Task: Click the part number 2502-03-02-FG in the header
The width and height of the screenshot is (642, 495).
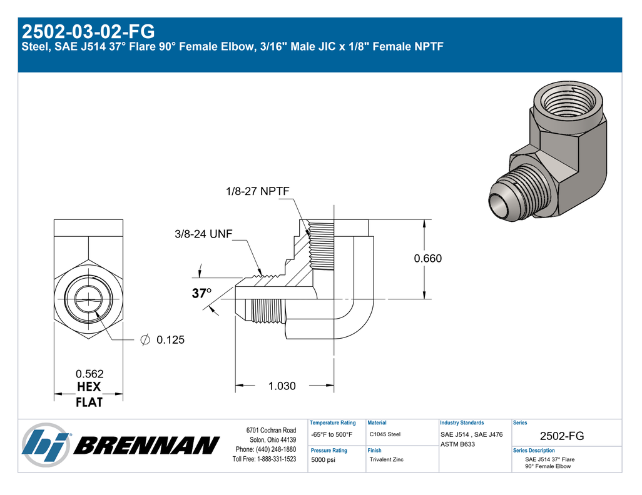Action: tap(88, 31)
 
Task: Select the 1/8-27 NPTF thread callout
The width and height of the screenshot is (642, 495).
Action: tap(258, 191)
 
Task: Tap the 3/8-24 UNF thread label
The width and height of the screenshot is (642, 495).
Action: tap(203, 234)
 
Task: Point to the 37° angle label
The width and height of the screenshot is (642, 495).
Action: tap(202, 293)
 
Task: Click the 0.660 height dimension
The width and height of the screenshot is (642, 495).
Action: tap(428, 259)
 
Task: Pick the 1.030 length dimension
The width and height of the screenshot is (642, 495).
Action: tap(282, 386)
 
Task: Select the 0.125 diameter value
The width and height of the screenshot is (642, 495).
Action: tap(170, 340)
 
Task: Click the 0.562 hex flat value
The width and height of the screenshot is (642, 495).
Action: tap(89, 374)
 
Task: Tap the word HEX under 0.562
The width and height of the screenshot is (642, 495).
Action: tap(89, 387)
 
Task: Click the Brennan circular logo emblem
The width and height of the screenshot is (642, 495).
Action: tap(46, 444)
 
